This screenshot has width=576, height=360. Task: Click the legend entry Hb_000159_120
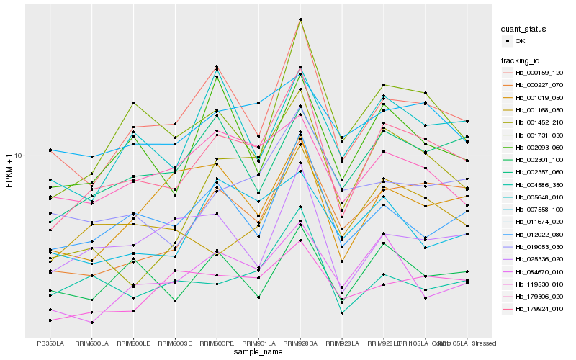(x=539, y=73)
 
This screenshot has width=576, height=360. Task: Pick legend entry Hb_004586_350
(x=539, y=185)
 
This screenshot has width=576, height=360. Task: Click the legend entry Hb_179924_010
(x=539, y=309)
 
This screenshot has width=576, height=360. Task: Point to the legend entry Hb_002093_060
(x=539, y=148)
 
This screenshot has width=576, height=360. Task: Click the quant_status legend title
(x=524, y=29)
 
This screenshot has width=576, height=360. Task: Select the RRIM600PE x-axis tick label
(x=217, y=343)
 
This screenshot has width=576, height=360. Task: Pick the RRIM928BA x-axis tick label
(x=300, y=343)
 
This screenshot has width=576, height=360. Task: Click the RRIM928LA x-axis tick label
(x=342, y=343)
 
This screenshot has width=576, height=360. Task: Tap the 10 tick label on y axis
(x=19, y=156)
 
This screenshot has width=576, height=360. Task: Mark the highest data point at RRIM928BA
(x=300, y=19)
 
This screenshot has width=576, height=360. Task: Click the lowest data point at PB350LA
(x=50, y=320)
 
